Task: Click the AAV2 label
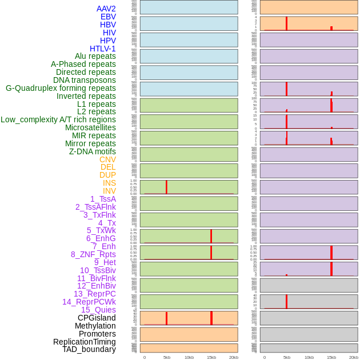coord(106,9)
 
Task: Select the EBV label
coord(108,17)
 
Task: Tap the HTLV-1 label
coord(102,49)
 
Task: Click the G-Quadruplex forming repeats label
coord(61,88)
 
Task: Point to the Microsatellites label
coord(90,127)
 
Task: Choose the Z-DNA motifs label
coord(92,151)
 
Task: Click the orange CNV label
coord(107,159)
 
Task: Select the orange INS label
coord(109,183)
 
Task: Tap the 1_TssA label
coord(103,199)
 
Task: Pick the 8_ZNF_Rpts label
coord(93,254)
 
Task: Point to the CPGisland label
coord(97,318)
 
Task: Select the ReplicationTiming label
coord(85,342)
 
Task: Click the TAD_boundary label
coord(89,349)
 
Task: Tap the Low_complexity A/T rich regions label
coord(58,119)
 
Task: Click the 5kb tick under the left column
coord(167,357)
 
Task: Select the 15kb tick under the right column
coord(331,357)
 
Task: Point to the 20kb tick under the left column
coord(233,357)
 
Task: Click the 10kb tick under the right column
coord(309,357)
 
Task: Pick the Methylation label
coord(95,326)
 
